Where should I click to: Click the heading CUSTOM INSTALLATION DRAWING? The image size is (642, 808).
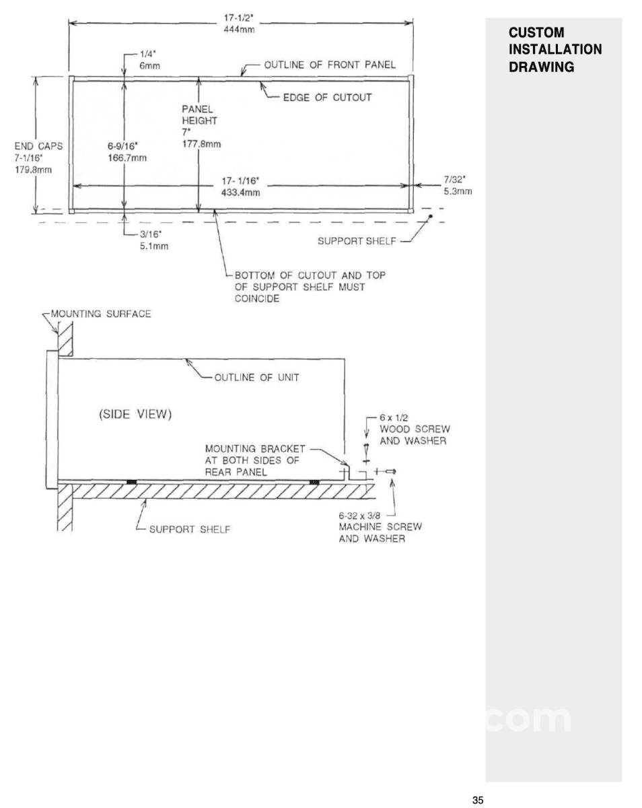pos(555,50)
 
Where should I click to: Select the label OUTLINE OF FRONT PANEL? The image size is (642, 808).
pos(329,65)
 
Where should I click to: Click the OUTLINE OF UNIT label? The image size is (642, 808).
pos(256,377)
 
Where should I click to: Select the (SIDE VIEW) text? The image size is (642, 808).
pos(131,414)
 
